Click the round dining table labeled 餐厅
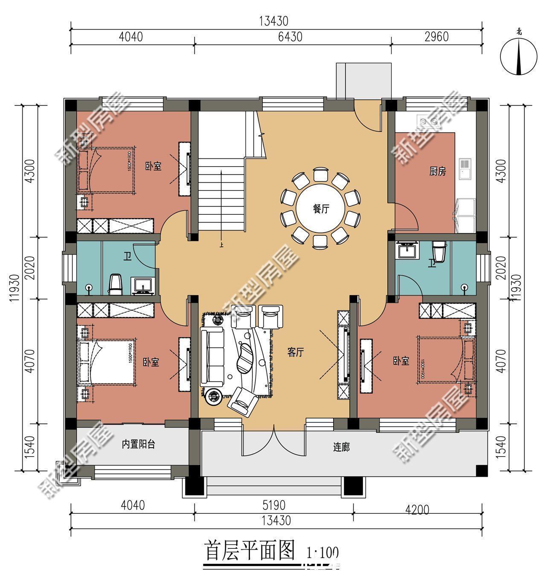pos(321,209)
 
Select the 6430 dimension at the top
pos(290,37)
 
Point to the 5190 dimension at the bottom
pos(273,506)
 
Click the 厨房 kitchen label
pos(437,172)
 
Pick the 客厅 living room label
pos(295,352)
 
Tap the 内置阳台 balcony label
pos(138,445)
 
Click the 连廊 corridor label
pos(341,447)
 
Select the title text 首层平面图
pos(250,551)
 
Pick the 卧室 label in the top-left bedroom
pos(153,166)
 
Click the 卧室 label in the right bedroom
pos(401,361)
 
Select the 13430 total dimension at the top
pos(273,21)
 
